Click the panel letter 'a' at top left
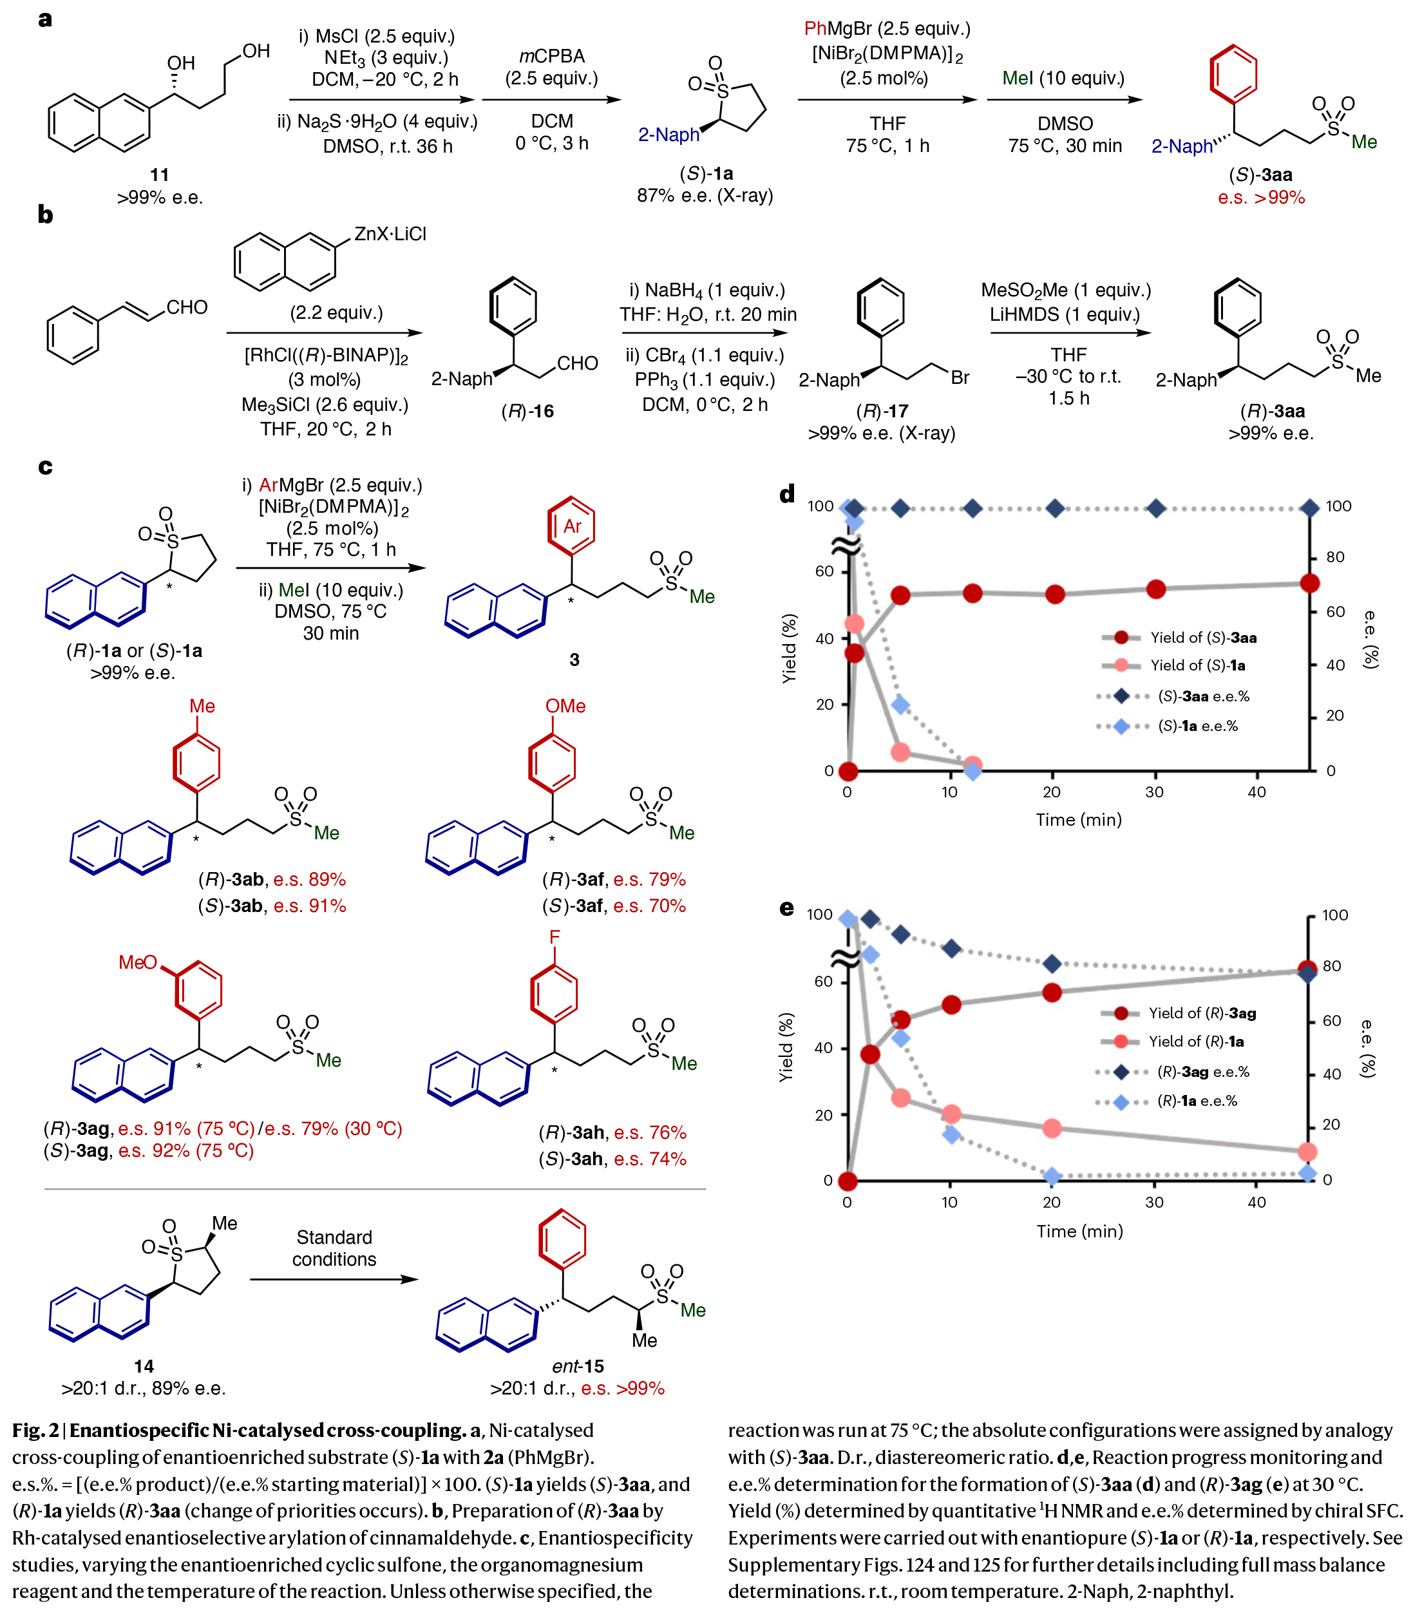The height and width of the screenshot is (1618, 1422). (x=45, y=19)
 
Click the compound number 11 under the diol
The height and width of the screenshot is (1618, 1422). (x=159, y=175)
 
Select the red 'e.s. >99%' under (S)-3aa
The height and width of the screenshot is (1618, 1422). (x=1262, y=198)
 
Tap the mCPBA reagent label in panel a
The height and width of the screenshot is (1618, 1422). (x=551, y=57)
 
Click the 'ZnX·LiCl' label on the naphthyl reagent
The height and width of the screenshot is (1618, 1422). (x=390, y=234)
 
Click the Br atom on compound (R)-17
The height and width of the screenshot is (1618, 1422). (x=960, y=378)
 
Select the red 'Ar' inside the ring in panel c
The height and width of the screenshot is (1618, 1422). (x=571, y=526)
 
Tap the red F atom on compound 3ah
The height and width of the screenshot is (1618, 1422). (x=554, y=937)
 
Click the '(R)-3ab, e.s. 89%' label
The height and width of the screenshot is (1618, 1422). (x=271, y=879)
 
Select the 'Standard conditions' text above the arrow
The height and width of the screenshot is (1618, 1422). (x=334, y=1248)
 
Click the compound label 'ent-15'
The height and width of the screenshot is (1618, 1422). (x=578, y=1366)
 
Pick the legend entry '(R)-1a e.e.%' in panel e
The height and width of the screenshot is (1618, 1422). (x=1197, y=1101)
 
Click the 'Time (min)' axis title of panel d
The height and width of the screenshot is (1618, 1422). (x=1079, y=820)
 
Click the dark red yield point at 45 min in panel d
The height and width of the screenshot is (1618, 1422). (x=1310, y=584)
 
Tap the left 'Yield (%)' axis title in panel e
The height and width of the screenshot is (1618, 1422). (x=786, y=1047)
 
